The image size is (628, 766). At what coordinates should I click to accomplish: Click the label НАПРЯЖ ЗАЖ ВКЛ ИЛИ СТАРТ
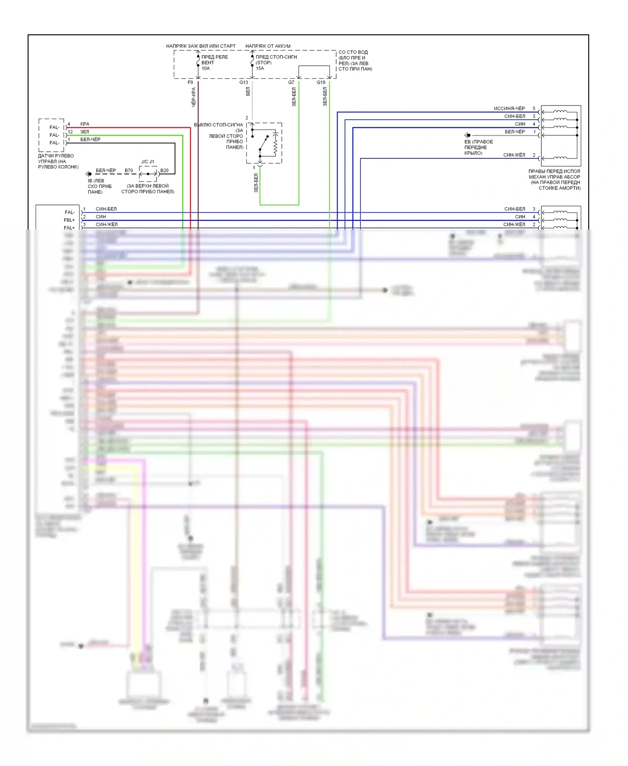point(201,46)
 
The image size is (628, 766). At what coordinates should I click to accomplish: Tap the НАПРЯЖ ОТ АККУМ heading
point(268,46)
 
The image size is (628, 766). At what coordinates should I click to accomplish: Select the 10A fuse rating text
point(206,68)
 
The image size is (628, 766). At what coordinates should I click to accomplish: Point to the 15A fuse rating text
point(260,68)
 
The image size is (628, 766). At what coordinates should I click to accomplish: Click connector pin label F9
point(190,83)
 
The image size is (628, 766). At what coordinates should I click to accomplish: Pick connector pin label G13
point(244,83)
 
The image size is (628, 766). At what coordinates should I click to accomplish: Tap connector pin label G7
point(291,83)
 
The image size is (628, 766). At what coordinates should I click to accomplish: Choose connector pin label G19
point(321,83)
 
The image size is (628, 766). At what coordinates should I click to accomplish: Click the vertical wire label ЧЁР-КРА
point(193,97)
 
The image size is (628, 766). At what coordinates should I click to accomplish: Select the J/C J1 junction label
point(147,162)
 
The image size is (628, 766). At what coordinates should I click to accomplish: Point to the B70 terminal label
point(129,171)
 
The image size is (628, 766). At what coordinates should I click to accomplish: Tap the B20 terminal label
point(165,171)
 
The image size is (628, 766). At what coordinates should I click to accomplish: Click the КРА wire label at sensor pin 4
point(85,124)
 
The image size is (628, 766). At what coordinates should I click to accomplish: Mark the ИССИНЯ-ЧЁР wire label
point(509,109)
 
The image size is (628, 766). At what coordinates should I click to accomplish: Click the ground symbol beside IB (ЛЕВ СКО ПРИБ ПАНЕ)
point(89,174)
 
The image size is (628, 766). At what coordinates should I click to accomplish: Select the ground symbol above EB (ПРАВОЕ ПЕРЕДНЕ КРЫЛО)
point(468,135)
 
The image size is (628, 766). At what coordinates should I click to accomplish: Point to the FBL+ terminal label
point(69,220)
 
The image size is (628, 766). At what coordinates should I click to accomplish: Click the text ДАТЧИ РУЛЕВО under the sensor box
point(56,156)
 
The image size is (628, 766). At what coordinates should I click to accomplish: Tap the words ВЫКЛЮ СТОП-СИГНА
point(218,125)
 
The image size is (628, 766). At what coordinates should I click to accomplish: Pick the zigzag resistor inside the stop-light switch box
point(275,143)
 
